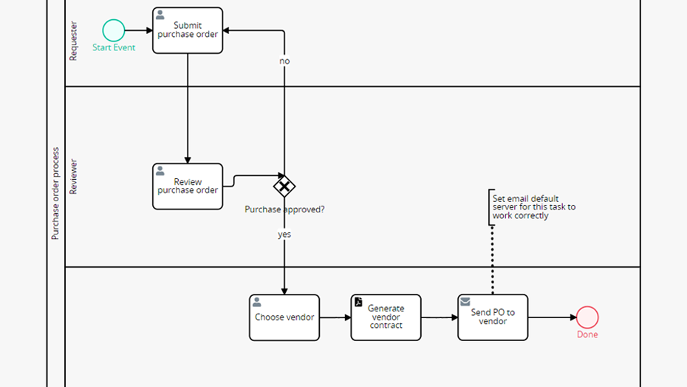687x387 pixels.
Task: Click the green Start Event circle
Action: (114, 30)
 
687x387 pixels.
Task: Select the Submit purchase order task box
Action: (188, 30)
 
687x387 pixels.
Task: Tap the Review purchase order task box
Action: (188, 186)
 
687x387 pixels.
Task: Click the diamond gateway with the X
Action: (284, 186)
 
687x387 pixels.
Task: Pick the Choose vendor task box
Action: (284, 317)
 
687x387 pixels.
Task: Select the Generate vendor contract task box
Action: (386, 317)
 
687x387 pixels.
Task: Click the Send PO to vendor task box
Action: (493, 317)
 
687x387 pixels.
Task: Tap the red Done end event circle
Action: (587, 317)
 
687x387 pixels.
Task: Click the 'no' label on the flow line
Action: (284, 61)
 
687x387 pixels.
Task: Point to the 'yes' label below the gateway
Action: (284, 235)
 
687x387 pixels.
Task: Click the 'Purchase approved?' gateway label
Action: (284, 209)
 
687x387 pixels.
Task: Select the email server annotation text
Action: (534, 207)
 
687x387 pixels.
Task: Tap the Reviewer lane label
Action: (73, 177)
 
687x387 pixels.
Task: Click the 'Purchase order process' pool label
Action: (55, 194)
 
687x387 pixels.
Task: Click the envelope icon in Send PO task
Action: (465, 302)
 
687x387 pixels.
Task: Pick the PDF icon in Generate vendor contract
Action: (359, 302)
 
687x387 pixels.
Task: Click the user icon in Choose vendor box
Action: (257, 302)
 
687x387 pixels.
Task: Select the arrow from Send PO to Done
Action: (552, 317)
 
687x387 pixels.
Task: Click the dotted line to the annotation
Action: (493, 259)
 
